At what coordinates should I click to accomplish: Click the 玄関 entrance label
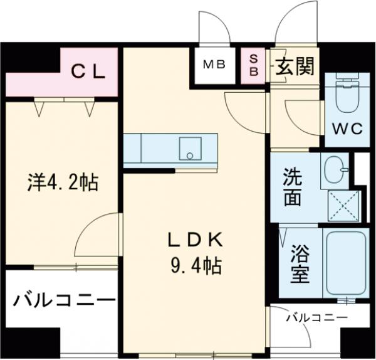tap(294, 65)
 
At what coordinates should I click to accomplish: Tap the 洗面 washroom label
tap(295, 186)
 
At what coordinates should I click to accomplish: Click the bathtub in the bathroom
tap(343, 263)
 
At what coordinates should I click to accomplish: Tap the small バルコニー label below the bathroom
tap(316, 318)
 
